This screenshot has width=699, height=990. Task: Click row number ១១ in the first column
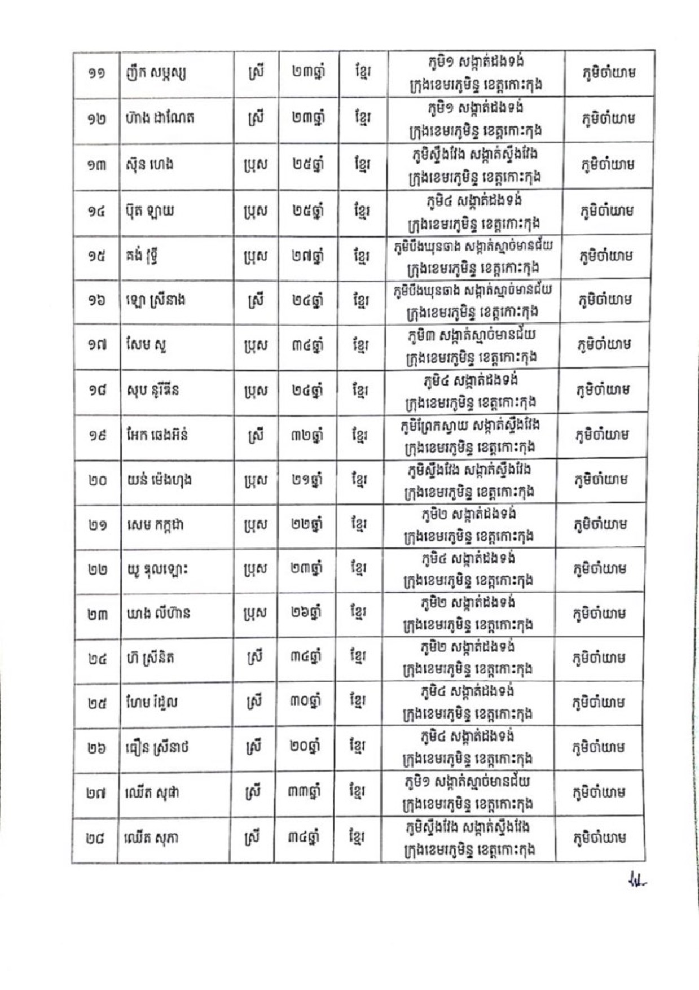(96, 74)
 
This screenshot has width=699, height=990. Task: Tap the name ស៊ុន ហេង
(150, 165)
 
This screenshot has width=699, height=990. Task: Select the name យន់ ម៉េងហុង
(160, 480)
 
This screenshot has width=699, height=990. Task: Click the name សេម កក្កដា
(155, 525)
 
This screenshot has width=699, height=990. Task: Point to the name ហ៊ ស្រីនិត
(150, 658)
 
